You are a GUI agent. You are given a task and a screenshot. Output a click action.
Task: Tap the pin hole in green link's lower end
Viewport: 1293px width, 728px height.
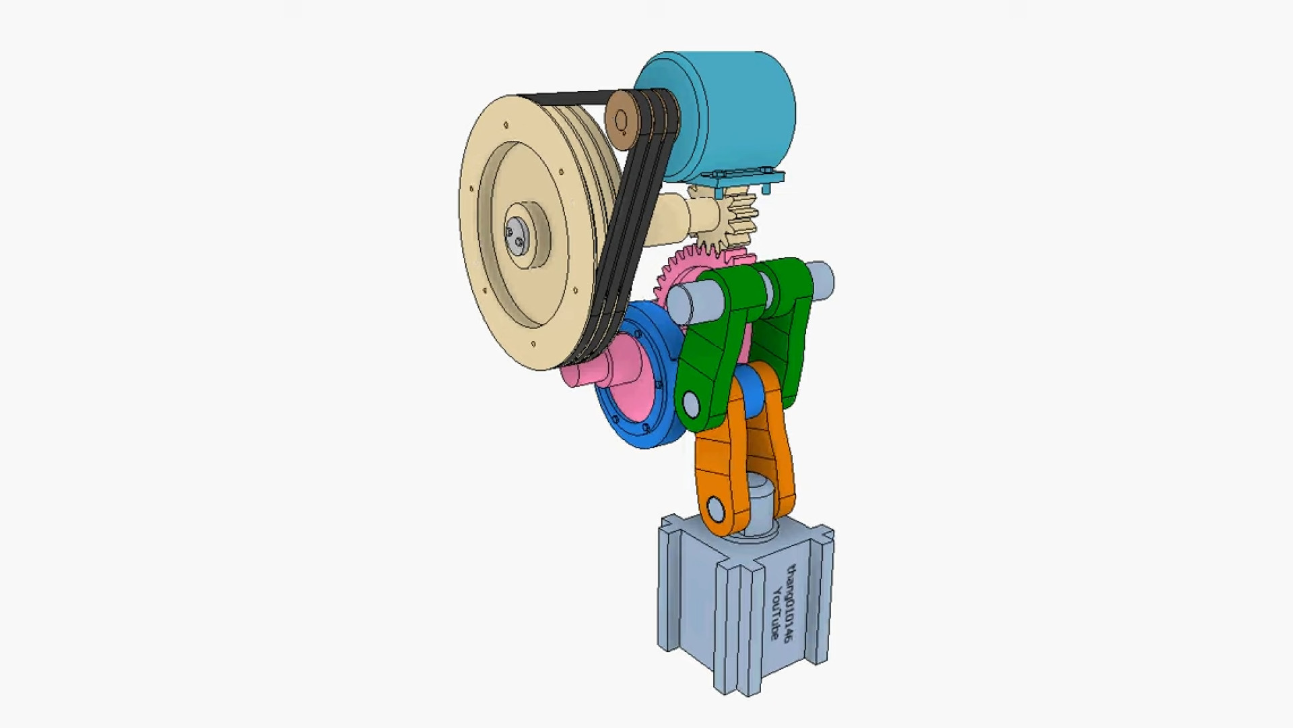(x=691, y=404)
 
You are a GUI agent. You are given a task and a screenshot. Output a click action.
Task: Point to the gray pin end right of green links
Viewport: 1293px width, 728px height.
(x=823, y=278)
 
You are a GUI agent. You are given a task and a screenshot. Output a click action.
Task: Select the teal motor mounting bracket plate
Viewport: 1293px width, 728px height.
(x=741, y=181)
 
